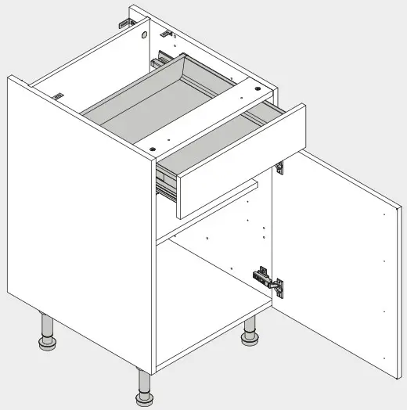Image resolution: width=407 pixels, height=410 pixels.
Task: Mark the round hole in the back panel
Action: pos(145,36)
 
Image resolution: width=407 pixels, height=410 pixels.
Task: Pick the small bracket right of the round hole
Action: pos(166,34)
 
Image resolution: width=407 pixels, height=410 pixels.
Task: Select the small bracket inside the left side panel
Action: pos(57,95)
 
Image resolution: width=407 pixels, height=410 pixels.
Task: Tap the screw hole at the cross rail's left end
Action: pos(153,145)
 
